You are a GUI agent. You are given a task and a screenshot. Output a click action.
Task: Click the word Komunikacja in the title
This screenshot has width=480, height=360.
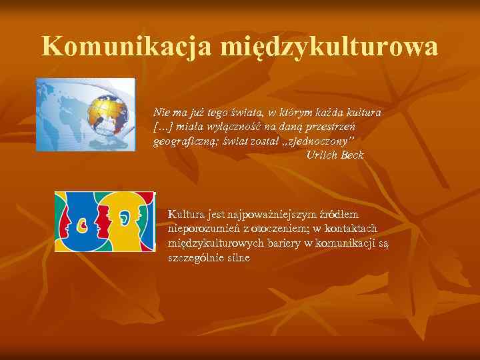(x=126, y=47)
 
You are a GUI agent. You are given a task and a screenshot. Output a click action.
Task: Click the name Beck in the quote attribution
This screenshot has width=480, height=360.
(x=351, y=155)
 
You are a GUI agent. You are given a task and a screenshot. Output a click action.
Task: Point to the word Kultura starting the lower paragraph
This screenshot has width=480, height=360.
(x=186, y=214)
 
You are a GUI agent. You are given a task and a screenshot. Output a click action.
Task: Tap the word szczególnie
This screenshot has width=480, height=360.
(x=197, y=257)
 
